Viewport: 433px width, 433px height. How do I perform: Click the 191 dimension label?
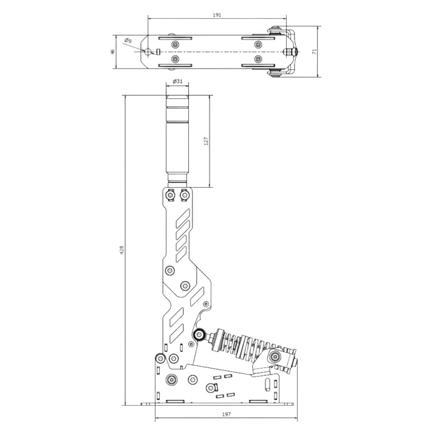coord(217,15)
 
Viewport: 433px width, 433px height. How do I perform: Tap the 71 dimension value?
coord(314,52)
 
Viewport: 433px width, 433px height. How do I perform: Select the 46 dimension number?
coord(112,52)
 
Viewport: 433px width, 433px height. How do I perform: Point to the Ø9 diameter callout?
coord(128,41)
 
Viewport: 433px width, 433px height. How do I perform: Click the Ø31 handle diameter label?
coord(177,81)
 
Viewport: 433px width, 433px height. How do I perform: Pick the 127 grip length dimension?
coord(206,141)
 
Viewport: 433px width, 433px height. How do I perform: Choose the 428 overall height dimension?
coord(122,250)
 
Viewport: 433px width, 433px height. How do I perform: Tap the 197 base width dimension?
coord(226,414)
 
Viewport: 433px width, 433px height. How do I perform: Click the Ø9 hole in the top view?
coord(148,52)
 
